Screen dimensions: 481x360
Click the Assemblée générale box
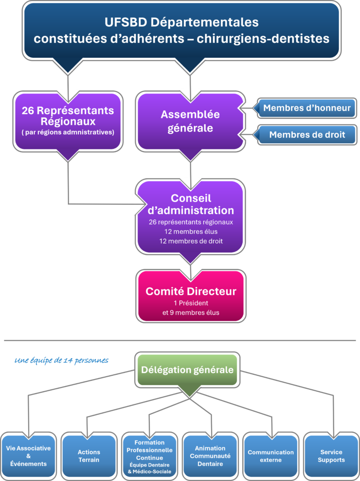point(190,121)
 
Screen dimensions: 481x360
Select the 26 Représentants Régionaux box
point(68,121)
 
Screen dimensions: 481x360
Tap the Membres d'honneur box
point(306,108)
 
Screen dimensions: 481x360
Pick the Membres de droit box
point(306,135)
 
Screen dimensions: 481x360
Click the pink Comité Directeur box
point(191,296)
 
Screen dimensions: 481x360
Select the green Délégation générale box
point(187,370)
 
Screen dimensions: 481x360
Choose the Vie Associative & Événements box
point(28,456)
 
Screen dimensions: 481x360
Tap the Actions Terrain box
point(89,456)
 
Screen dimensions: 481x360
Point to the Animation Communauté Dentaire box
point(210,456)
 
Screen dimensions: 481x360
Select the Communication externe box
point(270,456)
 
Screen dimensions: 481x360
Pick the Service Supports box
point(331,456)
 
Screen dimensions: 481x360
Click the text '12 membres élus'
point(191,232)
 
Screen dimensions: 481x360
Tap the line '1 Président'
point(191,303)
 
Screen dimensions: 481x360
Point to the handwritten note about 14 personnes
point(61,361)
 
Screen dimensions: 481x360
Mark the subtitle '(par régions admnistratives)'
point(68,132)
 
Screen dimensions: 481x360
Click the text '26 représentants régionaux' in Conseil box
point(191,222)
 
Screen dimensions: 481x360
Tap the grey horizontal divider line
point(180,340)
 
